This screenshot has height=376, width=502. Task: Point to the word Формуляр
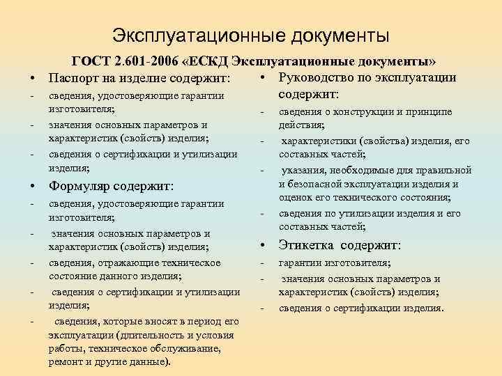tap(80, 186)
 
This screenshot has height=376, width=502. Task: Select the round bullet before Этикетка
tap(264, 246)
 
